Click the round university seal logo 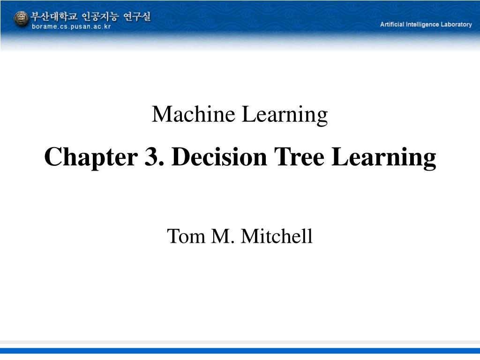[x=21, y=19]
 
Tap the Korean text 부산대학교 [x=54, y=16]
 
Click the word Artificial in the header [x=392, y=24]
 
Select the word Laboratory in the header [x=456, y=24]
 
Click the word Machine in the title [x=194, y=114]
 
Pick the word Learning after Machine [x=285, y=115]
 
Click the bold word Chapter [x=89, y=157]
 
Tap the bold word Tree [x=300, y=157]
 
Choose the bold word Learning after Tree [x=384, y=158]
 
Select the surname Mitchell [x=277, y=236]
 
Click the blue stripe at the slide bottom [x=240, y=350]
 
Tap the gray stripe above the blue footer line [x=240, y=343]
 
